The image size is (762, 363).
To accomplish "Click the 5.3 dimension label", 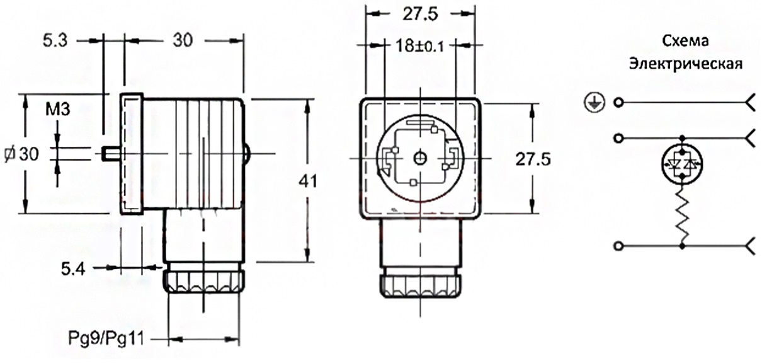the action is click(55, 40).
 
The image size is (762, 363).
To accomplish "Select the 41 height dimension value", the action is click(308, 181).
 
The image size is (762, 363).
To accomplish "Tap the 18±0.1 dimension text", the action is click(420, 46).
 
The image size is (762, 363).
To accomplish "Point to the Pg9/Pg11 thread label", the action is click(106, 338).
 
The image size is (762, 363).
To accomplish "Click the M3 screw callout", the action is click(58, 109).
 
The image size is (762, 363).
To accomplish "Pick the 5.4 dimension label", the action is click(73, 269).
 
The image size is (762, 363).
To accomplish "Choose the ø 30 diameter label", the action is click(22, 154).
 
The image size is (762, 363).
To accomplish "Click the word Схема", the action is click(685, 41).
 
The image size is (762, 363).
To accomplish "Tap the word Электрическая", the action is click(685, 64).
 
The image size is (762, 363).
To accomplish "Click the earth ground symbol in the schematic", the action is click(594, 103).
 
